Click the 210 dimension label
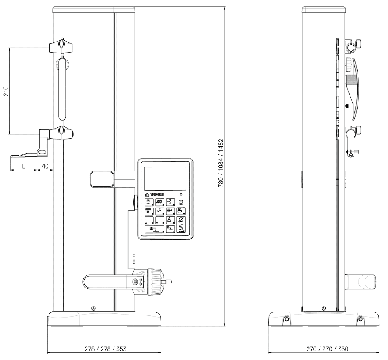tap(6, 91)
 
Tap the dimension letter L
tap(23, 166)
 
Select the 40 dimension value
tap(45, 166)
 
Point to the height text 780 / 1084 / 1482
tap(221, 163)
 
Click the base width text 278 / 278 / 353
tap(106, 349)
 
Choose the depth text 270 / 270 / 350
tap(327, 349)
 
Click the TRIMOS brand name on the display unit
tap(157, 194)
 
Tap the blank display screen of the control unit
tap(165, 178)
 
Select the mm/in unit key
tap(149, 211)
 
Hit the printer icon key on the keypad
tap(181, 211)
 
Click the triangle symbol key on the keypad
tap(170, 220)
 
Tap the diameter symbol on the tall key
tap(181, 220)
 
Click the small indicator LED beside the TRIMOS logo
tap(181, 195)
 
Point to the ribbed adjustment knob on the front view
tap(156, 282)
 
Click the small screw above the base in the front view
tap(93, 308)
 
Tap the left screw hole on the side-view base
tap(287, 319)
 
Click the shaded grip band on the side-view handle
tap(351, 80)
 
